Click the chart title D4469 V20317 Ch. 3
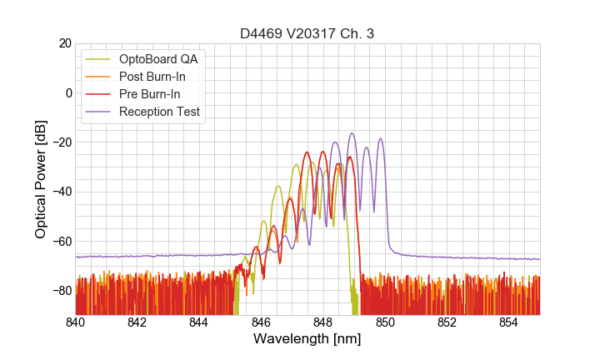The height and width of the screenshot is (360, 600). click(307, 33)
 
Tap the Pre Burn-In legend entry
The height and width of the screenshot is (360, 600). click(149, 94)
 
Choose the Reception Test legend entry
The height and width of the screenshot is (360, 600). click(159, 112)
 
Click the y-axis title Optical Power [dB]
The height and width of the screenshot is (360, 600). click(40, 179)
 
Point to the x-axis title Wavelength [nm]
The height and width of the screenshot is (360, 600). click(307, 339)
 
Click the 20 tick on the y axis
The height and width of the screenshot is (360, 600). click(63, 43)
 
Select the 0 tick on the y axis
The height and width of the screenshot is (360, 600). click(67, 92)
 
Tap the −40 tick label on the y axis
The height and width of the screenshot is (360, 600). click(59, 192)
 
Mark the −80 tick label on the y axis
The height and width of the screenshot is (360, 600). click(59, 290)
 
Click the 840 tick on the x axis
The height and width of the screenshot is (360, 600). click(76, 322)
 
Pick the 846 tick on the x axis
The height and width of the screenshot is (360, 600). click(261, 322)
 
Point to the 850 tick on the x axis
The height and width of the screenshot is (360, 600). click(385, 322)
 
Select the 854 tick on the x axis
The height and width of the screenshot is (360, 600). click(508, 322)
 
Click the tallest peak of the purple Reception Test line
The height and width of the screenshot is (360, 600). click(352, 133)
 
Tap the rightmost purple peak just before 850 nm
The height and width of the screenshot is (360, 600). click(381, 139)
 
